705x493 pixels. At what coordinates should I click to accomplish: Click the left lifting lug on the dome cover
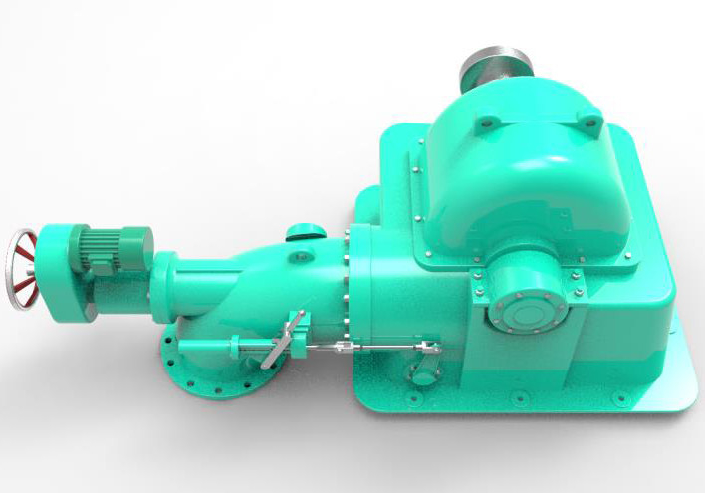click(x=485, y=123)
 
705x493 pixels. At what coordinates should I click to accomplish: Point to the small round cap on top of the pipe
click(x=305, y=234)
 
